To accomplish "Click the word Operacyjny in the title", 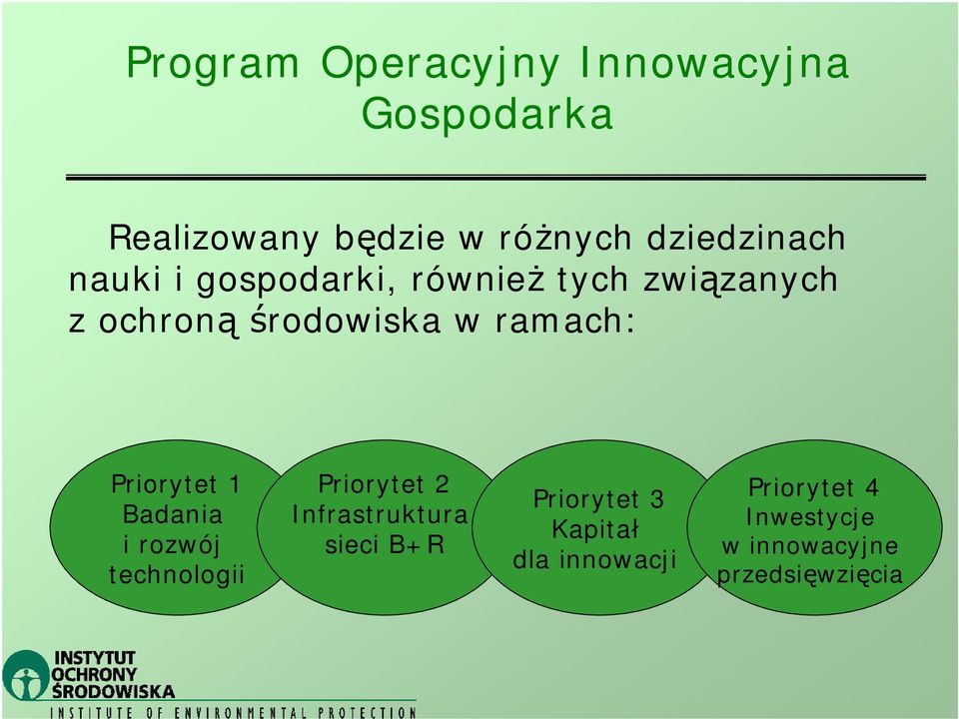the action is pos(440,64).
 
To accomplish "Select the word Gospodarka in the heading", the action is pos(486,114).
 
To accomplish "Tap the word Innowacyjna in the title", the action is pos(713,64).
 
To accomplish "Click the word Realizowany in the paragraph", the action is pos(214,239).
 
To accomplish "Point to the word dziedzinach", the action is pos(745,238).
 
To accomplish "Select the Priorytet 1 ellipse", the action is pos(174,527).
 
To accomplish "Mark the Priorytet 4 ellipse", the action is pos(814,527).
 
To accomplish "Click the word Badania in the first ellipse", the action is pos(173,514).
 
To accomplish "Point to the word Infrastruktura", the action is pos(380,515).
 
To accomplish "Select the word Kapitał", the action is pos(595,529).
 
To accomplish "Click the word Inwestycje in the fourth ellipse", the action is pos(810,518).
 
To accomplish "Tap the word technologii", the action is pos(176,575).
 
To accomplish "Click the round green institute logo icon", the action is pos(26,675).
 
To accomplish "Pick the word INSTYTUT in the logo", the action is pos(95,658).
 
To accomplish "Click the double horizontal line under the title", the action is pos(496,178).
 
